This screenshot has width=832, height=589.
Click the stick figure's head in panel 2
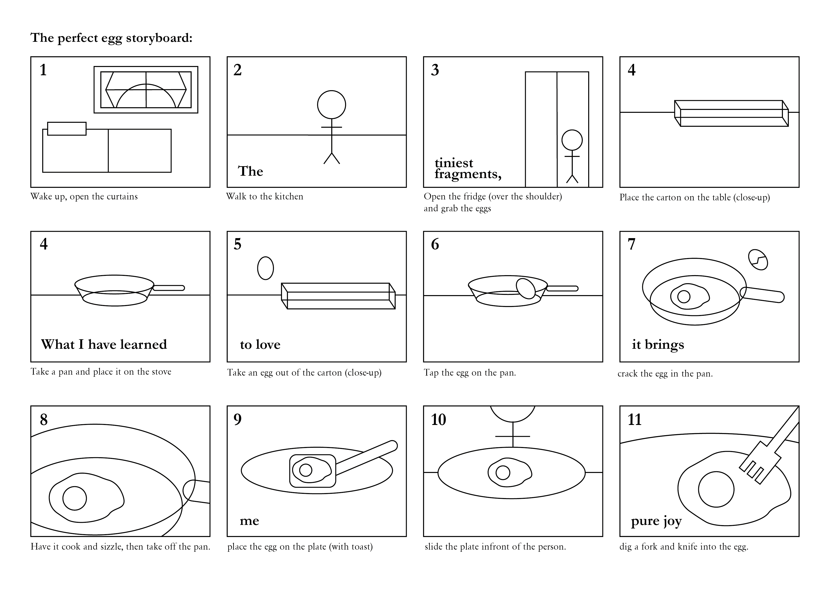pyautogui.click(x=331, y=104)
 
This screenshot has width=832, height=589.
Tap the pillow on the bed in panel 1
pyautogui.click(x=67, y=129)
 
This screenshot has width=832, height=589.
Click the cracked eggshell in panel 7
pyautogui.click(x=758, y=260)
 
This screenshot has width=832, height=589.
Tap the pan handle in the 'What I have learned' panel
pyautogui.click(x=169, y=288)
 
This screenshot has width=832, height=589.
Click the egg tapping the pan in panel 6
pyautogui.click(x=525, y=288)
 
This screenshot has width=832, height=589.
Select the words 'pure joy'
pyautogui.click(x=656, y=521)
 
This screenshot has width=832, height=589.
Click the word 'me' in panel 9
pyautogui.click(x=249, y=521)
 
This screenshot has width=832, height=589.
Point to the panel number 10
pyautogui.click(x=439, y=420)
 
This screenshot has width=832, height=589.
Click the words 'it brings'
pyautogui.click(x=658, y=344)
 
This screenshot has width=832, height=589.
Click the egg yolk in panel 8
pyautogui.click(x=75, y=498)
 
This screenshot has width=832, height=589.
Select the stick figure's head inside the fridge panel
pyautogui.click(x=572, y=140)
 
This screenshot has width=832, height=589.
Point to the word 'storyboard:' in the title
pyautogui.click(x=159, y=38)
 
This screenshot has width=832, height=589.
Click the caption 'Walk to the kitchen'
pyautogui.click(x=264, y=197)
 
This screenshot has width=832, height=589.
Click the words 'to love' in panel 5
pyautogui.click(x=260, y=344)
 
